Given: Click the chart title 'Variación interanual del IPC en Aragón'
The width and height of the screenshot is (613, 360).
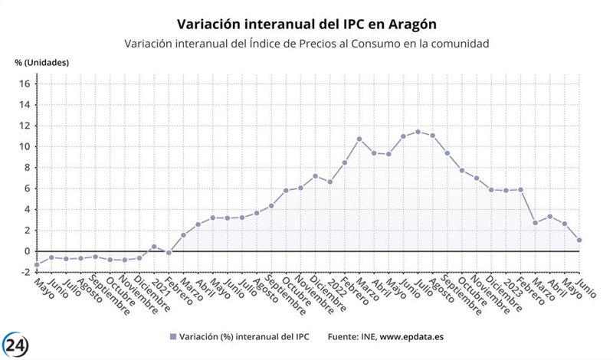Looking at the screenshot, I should coord(306,25).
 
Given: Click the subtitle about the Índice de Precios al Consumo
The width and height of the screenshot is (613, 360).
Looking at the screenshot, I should coord(306,44).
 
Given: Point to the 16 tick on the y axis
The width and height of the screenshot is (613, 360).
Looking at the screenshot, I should coord(24,83).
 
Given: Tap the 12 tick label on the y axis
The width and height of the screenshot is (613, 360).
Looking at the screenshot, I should coord(24,126).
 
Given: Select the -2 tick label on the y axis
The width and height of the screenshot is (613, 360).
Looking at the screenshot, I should coord(24,272).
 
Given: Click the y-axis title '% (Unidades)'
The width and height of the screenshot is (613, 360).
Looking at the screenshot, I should coord(42,62).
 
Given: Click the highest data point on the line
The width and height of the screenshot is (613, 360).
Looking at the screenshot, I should coord(418,132).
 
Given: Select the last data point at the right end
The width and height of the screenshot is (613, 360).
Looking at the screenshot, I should coord(579,240).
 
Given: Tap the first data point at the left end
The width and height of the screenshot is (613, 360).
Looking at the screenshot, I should coord(37,265).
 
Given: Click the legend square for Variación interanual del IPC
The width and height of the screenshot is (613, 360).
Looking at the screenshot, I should coord(173,336).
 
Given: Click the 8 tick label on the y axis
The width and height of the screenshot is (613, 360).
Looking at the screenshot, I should coord(26,168).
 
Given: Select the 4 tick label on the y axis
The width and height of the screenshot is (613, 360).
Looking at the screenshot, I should coord(26,209).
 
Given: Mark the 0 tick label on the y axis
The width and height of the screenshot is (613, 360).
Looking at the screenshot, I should coord(26,251).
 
